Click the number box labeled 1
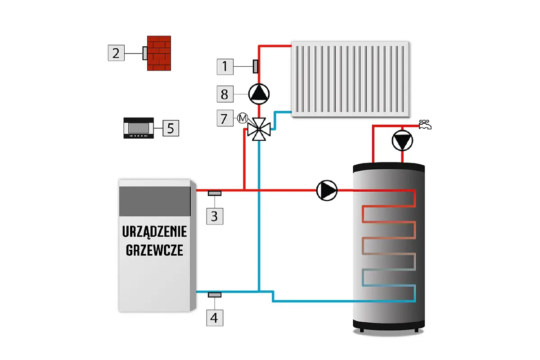(x=225, y=67)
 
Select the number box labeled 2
(x=116, y=53)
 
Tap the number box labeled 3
(x=214, y=216)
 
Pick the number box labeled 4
(x=214, y=318)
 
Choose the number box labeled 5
(x=171, y=128)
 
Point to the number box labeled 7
(x=225, y=119)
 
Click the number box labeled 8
(x=225, y=94)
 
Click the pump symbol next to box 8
(x=259, y=93)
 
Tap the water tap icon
(x=424, y=125)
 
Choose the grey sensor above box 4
(x=214, y=295)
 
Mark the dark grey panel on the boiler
(x=154, y=201)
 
